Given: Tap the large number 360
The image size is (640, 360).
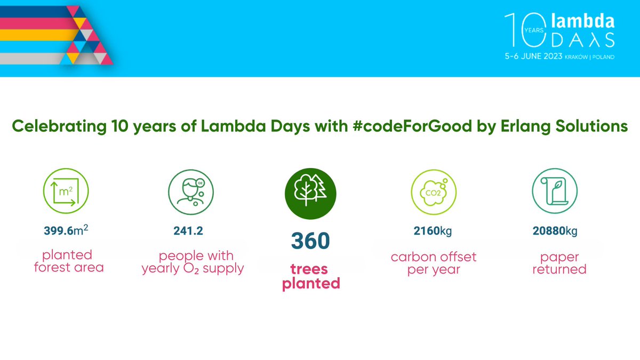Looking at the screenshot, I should (x=310, y=241).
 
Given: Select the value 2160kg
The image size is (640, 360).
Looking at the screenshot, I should (x=433, y=231).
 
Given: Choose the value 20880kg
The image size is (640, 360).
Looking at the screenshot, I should (x=555, y=231).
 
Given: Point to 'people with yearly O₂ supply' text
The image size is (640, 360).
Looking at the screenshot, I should (x=193, y=262).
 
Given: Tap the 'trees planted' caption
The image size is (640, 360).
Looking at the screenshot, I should (x=311, y=276).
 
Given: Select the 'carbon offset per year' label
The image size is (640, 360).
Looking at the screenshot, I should (x=433, y=263).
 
